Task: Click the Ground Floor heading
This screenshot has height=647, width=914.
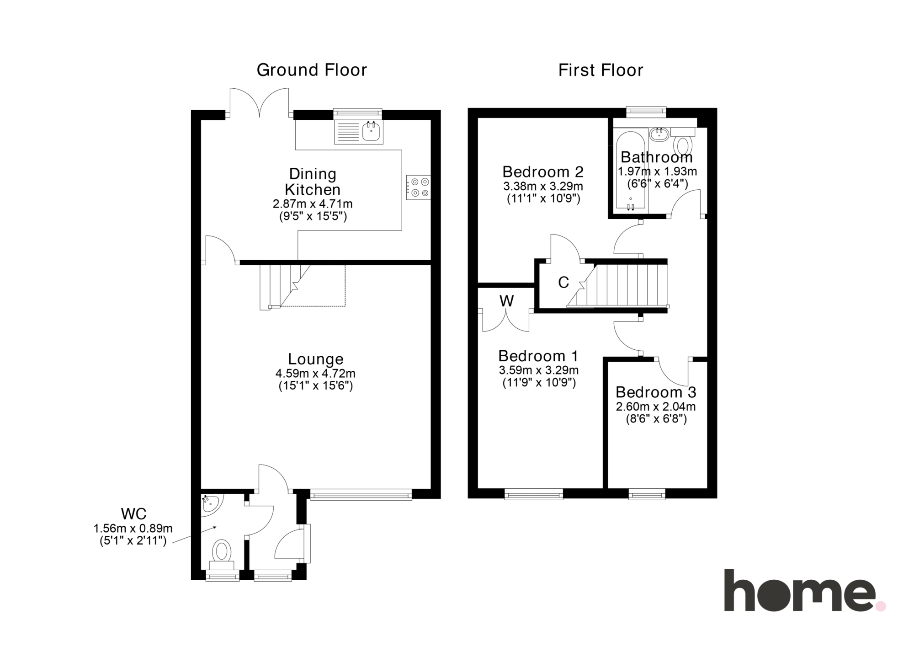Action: [x=312, y=70]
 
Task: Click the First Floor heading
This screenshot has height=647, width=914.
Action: [x=600, y=70]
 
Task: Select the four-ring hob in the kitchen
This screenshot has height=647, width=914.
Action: [x=418, y=187]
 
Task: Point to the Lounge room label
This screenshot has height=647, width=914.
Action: [x=315, y=359]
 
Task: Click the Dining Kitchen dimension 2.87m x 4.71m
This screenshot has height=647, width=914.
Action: [x=313, y=204]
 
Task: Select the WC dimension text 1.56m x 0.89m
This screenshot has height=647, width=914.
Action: [x=133, y=529]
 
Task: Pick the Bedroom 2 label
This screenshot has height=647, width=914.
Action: [x=543, y=172]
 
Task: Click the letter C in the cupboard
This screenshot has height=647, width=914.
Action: [x=563, y=283]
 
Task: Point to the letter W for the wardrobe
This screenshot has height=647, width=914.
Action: [x=507, y=300]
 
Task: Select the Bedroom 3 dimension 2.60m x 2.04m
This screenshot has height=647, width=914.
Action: [x=656, y=406]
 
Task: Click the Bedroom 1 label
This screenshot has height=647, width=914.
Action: [x=538, y=356]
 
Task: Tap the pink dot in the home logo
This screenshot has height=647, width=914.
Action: [x=881, y=606]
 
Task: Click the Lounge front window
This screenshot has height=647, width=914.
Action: [x=361, y=494]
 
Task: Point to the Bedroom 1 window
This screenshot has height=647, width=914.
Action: [x=534, y=494]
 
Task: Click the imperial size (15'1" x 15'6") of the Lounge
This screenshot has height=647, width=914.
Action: [x=315, y=385]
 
